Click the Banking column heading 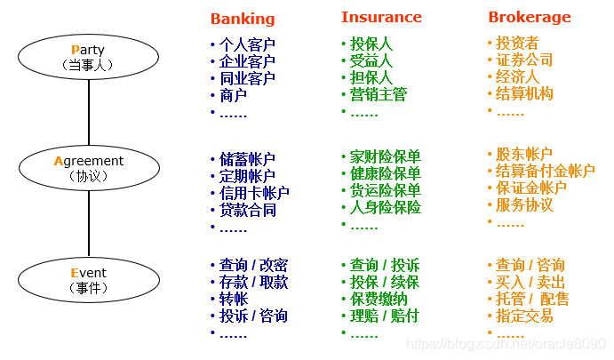[x=243, y=19]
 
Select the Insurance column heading [x=381, y=17]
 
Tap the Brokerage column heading [x=530, y=17]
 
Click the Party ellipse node [x=87, y=56]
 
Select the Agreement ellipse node [x=88, y=167]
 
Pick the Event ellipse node [x=88, y=279]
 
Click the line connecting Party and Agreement [x=88, y=111]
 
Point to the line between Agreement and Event [x=88, y=223]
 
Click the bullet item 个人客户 [x=247, y=44]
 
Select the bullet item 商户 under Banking [x=233, y=95]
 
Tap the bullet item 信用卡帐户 [x=254, y=193]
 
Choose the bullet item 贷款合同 [x=247, y=210]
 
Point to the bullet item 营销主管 [x=379, y=94]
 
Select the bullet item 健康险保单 [x=385, y=173]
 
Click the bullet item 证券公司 [x=524, y=60]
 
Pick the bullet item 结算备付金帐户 [x=545, y=171]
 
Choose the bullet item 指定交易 [x=524, y=316]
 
